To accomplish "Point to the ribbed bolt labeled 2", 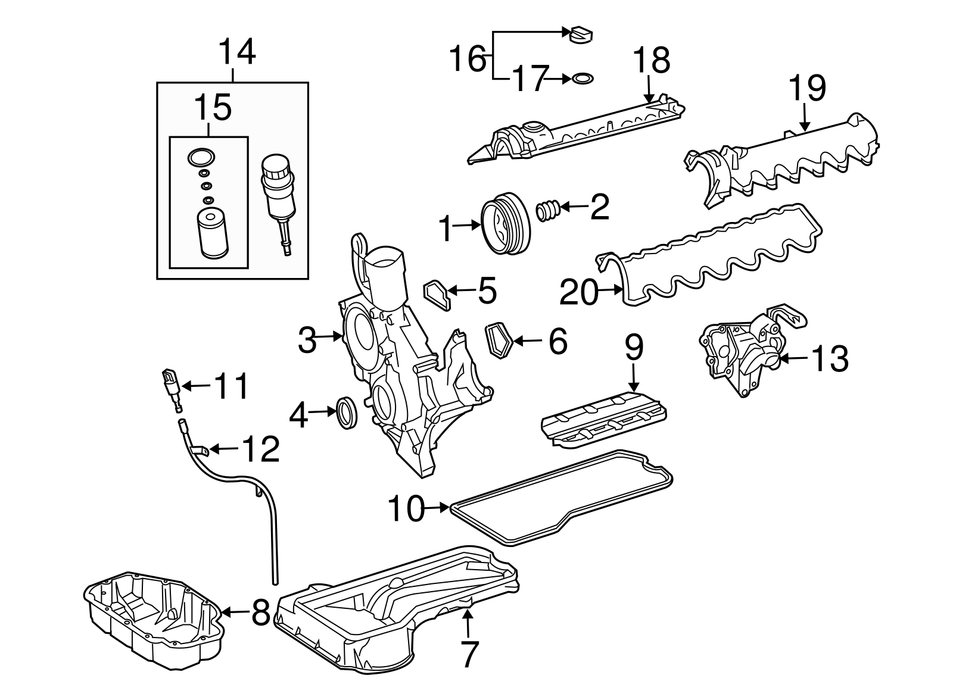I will point(548,210).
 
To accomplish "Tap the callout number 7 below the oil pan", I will point(469,654).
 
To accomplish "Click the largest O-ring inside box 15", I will point(200,157).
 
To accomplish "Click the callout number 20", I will point(578,292).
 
